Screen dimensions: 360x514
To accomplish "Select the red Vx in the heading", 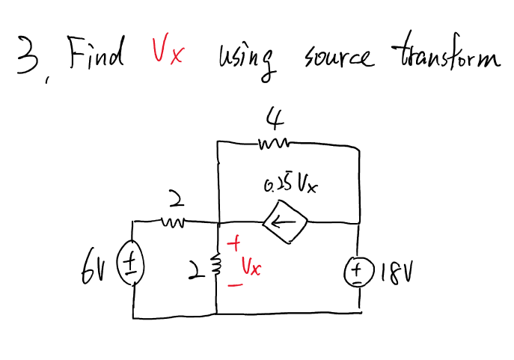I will coord(166,54).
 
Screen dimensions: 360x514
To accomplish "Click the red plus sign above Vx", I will coord(234,244).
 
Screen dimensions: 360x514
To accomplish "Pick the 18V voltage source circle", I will coord(361,269).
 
